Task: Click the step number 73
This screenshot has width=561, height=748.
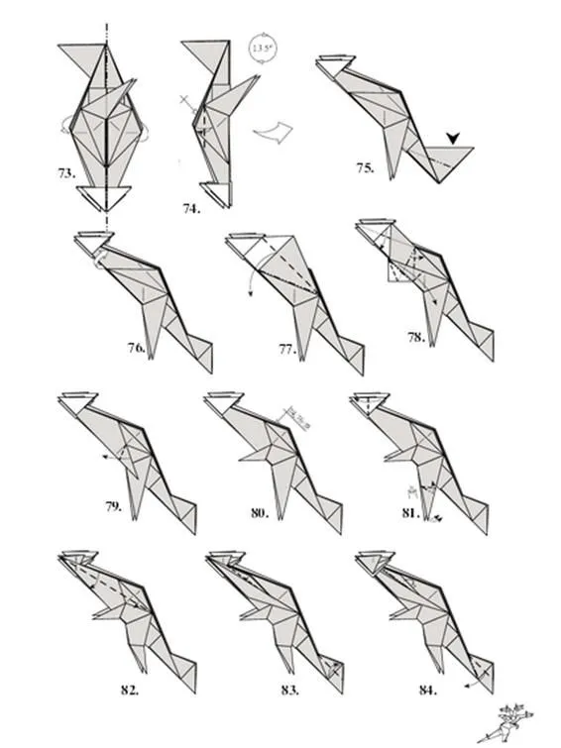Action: tap(66, 172)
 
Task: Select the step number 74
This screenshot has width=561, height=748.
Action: tap(190, 208)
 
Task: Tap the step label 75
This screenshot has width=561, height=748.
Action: tap(366, 168)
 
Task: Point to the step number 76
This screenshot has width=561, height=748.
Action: tap(137, 348)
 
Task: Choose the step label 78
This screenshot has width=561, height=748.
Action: tap(415, 338)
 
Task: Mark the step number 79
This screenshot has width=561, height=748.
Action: tap(114, 506)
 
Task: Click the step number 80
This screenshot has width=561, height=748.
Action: tap(260, 512)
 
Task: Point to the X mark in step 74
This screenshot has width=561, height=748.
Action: tap(185, 101)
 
